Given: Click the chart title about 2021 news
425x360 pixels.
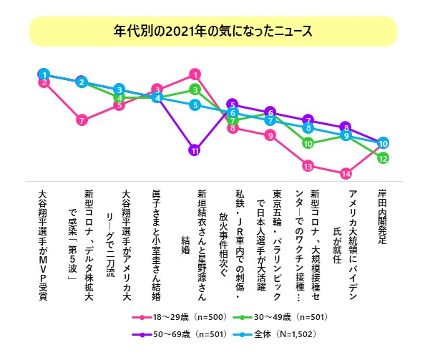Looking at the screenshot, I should tap(212, 31).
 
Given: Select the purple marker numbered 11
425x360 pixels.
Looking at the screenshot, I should tap(195, 150).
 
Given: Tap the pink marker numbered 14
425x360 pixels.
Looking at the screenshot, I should tap(346, 173).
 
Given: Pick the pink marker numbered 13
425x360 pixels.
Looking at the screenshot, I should tap(308, 166).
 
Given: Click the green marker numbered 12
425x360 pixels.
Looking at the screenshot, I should tap(383, 157).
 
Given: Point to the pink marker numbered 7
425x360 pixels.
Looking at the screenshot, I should tap(82, 120).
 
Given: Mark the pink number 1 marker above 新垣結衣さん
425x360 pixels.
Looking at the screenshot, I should tap(195, 74).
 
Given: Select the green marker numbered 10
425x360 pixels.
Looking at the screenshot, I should tap(308, 142).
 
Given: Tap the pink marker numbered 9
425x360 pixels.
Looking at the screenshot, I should tap(270, 135).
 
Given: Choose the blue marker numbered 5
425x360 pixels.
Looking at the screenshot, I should tap(195, 105).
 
